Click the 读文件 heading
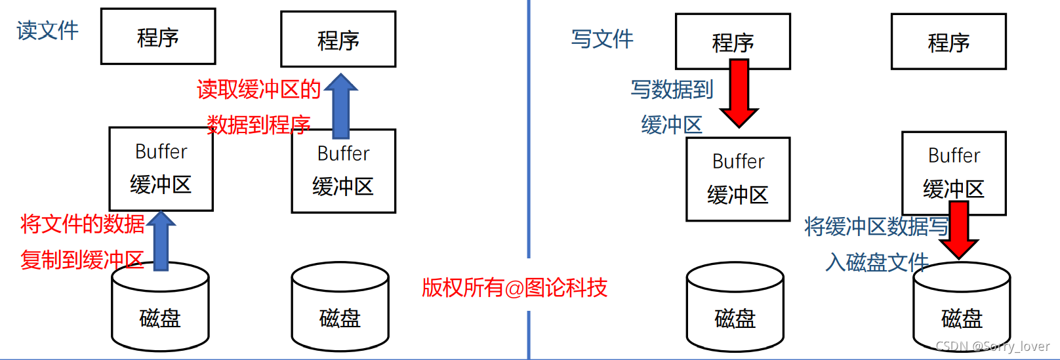(x=47, y=30)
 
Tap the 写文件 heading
(x=602, y=39)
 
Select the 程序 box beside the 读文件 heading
(x=158, y=37)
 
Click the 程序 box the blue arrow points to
(x=338, y=39)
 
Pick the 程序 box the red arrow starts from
(x=733, y=42)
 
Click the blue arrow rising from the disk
(x=161, y=240)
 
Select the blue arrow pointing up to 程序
(x=341, y=105)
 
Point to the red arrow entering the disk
(x=958, y=230)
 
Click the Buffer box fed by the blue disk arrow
(x=161, y=169)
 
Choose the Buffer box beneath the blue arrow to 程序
(x=343, y=171)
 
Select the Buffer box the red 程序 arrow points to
(x=738, y=179)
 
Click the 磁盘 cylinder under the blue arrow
(x=160, y=308)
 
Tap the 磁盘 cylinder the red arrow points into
(x=962, y=308)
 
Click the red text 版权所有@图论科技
(x=514, y=287)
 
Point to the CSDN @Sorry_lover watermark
(x=992, y=346)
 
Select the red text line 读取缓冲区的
(x=258, y=89)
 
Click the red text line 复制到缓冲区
(x=82, y=260)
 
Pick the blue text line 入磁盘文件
(x=876, y=262)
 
